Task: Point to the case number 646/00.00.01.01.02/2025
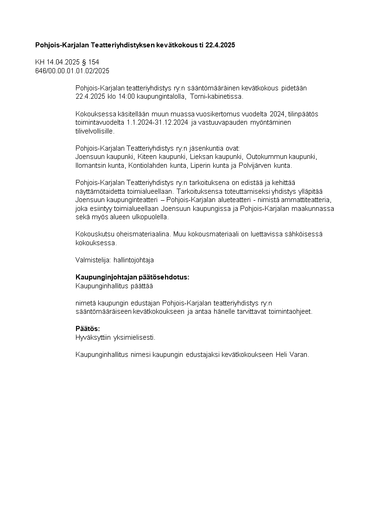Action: (72, 70)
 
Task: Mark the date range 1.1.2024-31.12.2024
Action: (158, 122)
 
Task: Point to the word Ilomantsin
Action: (91, 165)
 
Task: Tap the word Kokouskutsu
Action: (93, 234)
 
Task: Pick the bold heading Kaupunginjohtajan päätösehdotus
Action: (132, 277)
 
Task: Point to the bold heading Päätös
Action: (88, 329)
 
